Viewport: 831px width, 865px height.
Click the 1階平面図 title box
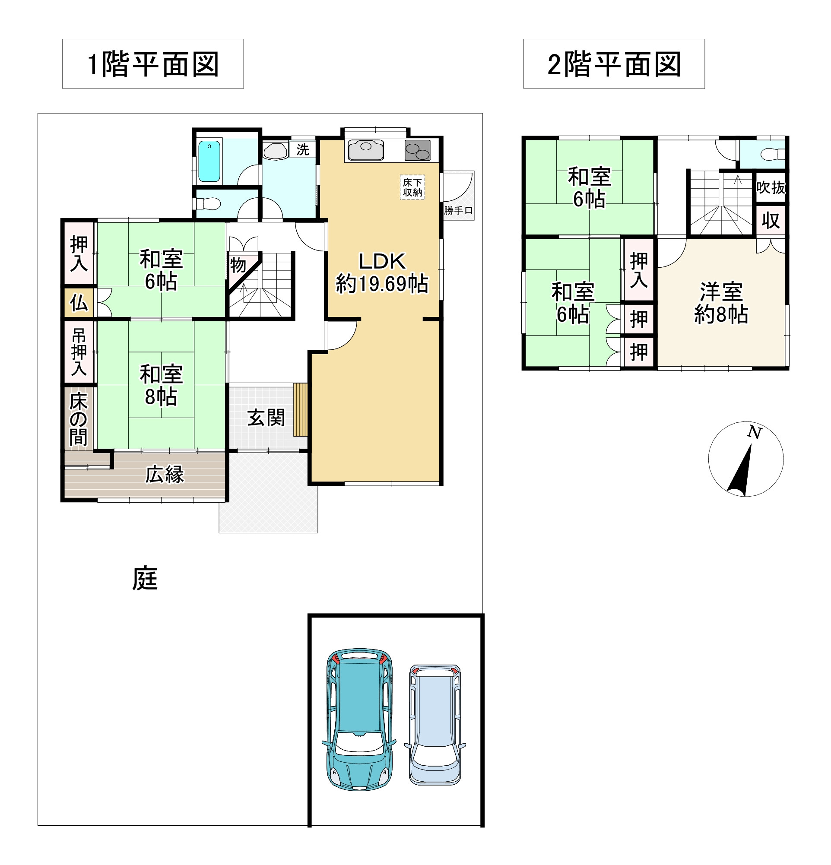click(153, 64)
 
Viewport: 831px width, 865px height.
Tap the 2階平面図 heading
click(613, 64)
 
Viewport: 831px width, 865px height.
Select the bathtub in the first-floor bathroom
click(209, 161)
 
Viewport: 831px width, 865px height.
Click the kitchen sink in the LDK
click(365, 150)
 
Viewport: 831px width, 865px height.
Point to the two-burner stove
click(417, 150)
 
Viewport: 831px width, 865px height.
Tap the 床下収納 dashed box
click(412, 187)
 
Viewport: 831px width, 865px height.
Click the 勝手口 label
click(458, 210)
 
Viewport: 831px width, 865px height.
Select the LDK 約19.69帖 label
click(382, 273)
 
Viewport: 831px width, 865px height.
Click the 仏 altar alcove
click(79, 303)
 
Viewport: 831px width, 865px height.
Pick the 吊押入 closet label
click(79, 352)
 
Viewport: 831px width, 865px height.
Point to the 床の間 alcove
click(79, 418)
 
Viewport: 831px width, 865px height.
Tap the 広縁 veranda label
click(165, 475)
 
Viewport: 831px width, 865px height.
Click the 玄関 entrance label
click(266, 418)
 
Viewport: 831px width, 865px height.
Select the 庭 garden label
click(145, 579)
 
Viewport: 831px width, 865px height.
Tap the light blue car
click(435, 725)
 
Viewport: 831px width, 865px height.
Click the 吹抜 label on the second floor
click(771, 187)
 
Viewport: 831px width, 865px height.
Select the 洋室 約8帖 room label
click(721, 303)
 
